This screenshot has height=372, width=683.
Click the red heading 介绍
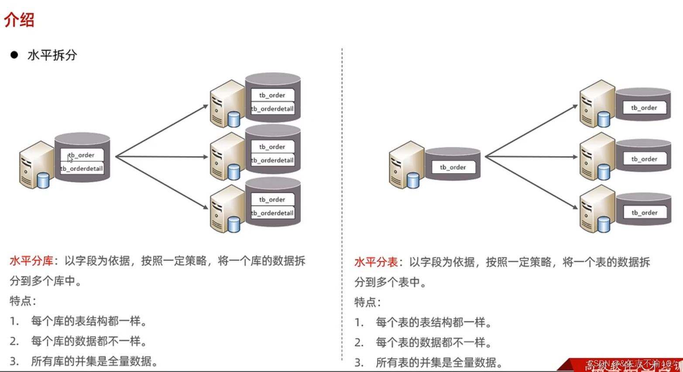[19, 20]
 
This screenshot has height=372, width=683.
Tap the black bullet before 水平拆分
[14, 55]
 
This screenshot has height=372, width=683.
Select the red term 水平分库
[31, 261]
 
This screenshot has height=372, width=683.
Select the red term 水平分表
[376, 262]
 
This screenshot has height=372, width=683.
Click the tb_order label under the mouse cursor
[82, 155]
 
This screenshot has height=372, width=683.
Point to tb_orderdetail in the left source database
[82, 169]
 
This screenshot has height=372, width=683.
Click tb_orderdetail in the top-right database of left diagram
[272, 109]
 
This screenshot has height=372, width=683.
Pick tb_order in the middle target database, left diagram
[272, 147]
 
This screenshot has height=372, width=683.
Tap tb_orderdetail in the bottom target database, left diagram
[272, 213]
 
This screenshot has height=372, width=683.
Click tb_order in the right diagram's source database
[453, 167]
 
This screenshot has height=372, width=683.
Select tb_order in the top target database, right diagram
[644, 107]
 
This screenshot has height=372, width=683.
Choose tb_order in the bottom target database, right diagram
[644, 213]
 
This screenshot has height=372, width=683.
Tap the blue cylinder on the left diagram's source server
[43, 181]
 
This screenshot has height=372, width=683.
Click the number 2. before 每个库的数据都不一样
[14, 341]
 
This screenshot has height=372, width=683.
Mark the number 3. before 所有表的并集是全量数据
[359, 362]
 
